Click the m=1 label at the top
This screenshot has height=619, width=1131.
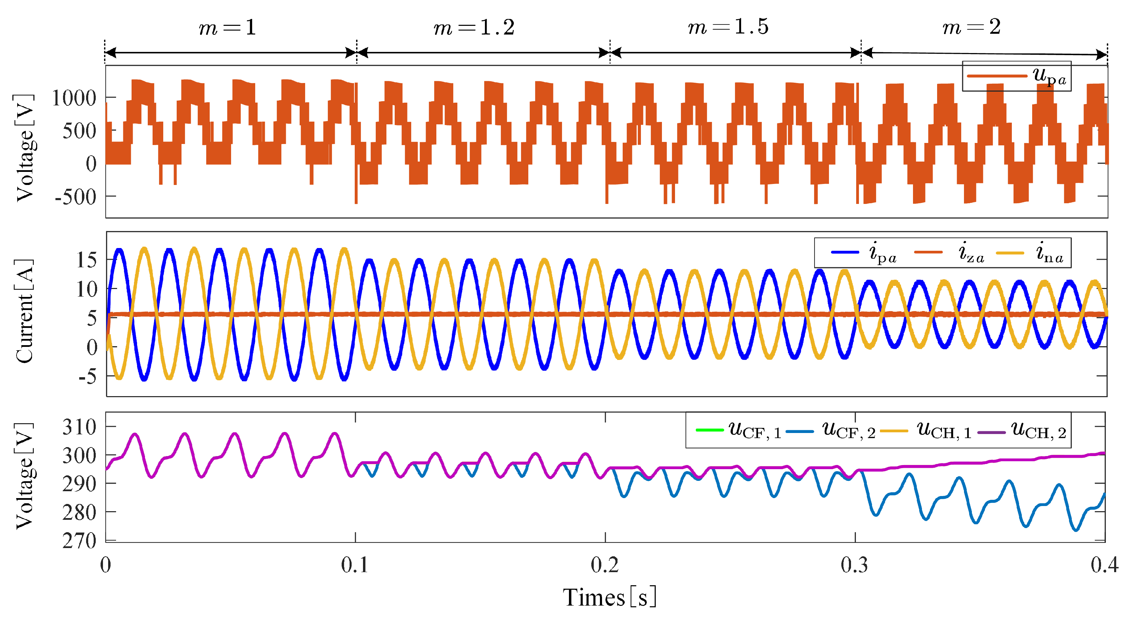(227, 28)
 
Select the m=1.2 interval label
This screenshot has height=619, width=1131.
(474, 28)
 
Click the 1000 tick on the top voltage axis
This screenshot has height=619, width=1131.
(74, 98)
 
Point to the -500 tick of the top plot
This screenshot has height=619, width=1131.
(75, 197)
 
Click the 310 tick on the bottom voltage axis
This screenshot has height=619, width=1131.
(79, 427)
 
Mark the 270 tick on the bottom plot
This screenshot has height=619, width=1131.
(79, 541)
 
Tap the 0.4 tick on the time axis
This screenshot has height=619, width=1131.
(1104, 565)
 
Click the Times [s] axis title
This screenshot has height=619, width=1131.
(609, 598)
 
